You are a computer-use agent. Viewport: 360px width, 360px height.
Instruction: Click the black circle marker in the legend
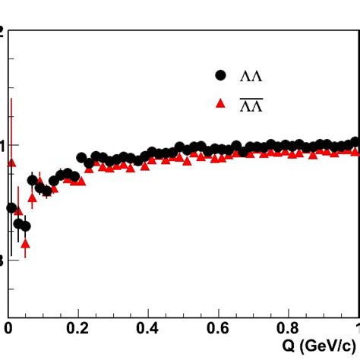click(221, 74)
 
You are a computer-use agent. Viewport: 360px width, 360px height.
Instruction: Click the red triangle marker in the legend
click(221, 104)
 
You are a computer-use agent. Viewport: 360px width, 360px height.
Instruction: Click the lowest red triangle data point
click(25, 244)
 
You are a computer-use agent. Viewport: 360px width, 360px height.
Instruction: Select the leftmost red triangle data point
click(11, 163)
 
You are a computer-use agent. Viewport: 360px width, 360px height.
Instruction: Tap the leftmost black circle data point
click(11, 207)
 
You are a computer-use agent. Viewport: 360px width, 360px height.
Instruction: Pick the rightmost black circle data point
click(355, 141)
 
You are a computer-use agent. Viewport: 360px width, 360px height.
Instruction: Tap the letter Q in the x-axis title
click(289, 346)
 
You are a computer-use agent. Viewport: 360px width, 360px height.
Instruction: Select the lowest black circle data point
click(25, 226)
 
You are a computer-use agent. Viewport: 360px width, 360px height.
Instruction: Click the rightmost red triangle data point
click(355, 151)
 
